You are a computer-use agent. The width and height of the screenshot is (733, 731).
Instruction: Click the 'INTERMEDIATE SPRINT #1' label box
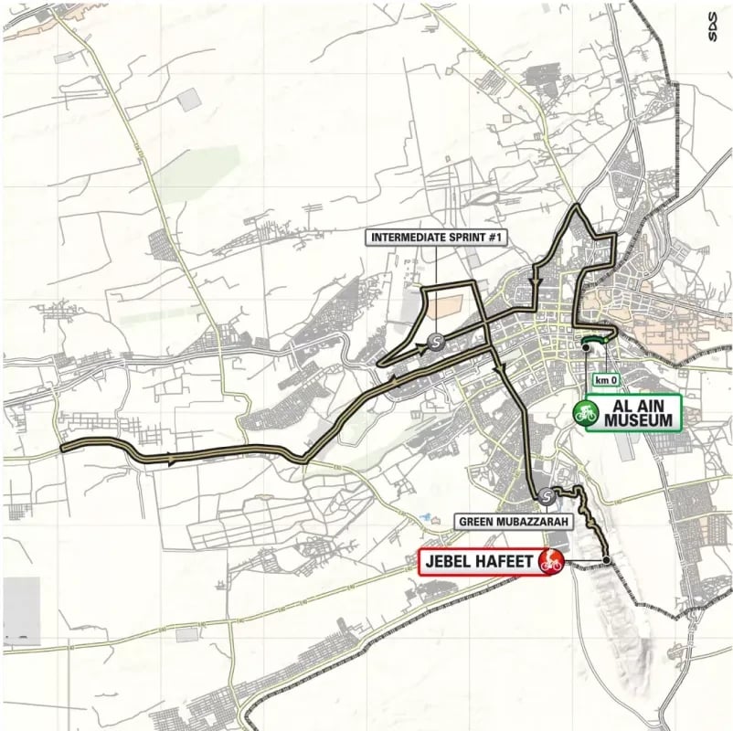tap(437, 238)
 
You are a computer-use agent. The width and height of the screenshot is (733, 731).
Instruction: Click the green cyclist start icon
tap(586, 413)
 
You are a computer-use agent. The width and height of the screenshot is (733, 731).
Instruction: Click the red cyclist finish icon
tap(550, 560)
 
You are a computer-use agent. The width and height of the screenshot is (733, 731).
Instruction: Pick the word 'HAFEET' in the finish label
tap(505, 560)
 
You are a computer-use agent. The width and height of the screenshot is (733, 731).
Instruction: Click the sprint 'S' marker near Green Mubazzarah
tap(547, 496)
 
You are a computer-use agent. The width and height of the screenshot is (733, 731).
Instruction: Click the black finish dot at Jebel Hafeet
tap(607, 559)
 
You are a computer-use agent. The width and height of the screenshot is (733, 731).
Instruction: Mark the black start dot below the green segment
tap(585, 346)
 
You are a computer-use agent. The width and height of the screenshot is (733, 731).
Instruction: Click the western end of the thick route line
tap(62, 448)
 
